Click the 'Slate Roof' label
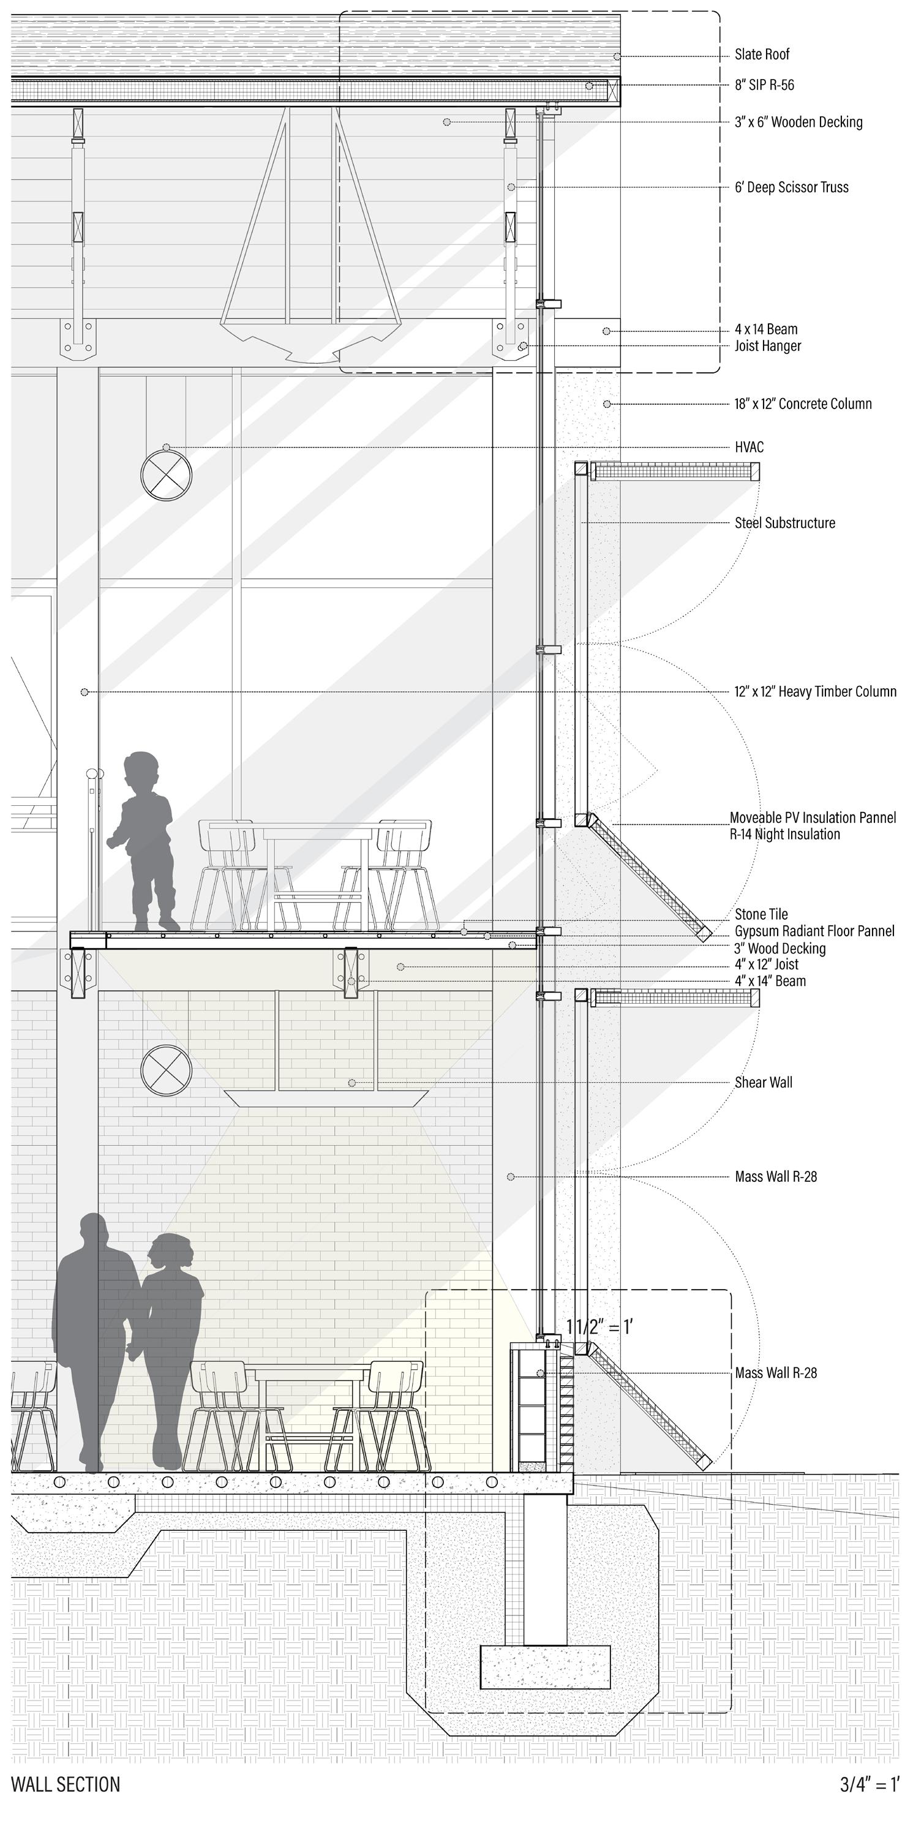pos(761,55)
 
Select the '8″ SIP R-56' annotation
pos(764,85)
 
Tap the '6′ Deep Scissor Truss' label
pos(791,187)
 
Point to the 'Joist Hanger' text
pos(768,346)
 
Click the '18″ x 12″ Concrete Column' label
pos(803,404)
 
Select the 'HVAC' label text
pos(749,447)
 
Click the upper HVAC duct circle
pos(167,474)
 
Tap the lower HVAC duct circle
pos(167,1070)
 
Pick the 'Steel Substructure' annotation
pos(784,523)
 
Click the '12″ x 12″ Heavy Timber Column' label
pos(815,691)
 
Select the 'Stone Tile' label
pos(761,914)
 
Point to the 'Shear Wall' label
pos(764,1082)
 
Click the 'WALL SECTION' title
pos(66,1784)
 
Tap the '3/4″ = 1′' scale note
pos(870,1784)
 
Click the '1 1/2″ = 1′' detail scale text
pos(599,1328)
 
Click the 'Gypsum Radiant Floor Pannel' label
pos(814,931)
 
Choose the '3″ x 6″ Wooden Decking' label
pos(798,122)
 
